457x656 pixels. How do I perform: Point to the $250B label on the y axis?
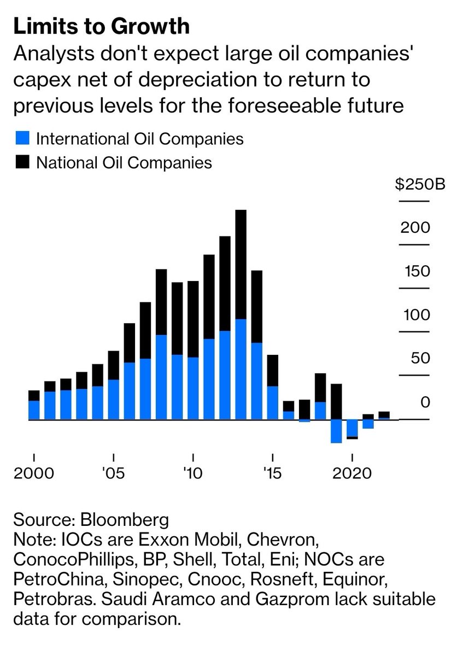tap(420, 183)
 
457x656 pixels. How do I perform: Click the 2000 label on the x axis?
tap(34, 472)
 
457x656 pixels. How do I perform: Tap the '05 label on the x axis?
tap(113, 472)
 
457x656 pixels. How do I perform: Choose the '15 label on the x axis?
tap(272, 472)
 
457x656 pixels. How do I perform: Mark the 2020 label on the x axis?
tap(352, 472)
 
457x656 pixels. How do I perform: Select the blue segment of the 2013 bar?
tap(241, 369)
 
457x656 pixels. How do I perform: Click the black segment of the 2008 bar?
tap(161, 302)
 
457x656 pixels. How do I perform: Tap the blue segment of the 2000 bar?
tap(34, 410)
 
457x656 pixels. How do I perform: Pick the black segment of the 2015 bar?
tap(272, 370)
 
